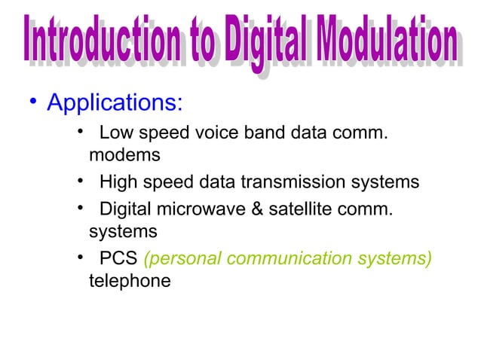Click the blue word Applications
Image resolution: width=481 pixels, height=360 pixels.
(114, 101)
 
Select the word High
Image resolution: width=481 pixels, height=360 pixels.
(117, 182)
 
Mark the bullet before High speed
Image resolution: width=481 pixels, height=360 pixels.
(80, 182)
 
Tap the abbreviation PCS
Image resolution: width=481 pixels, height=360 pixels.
(118, 258)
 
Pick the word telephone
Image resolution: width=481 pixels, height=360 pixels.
(129, 281)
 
